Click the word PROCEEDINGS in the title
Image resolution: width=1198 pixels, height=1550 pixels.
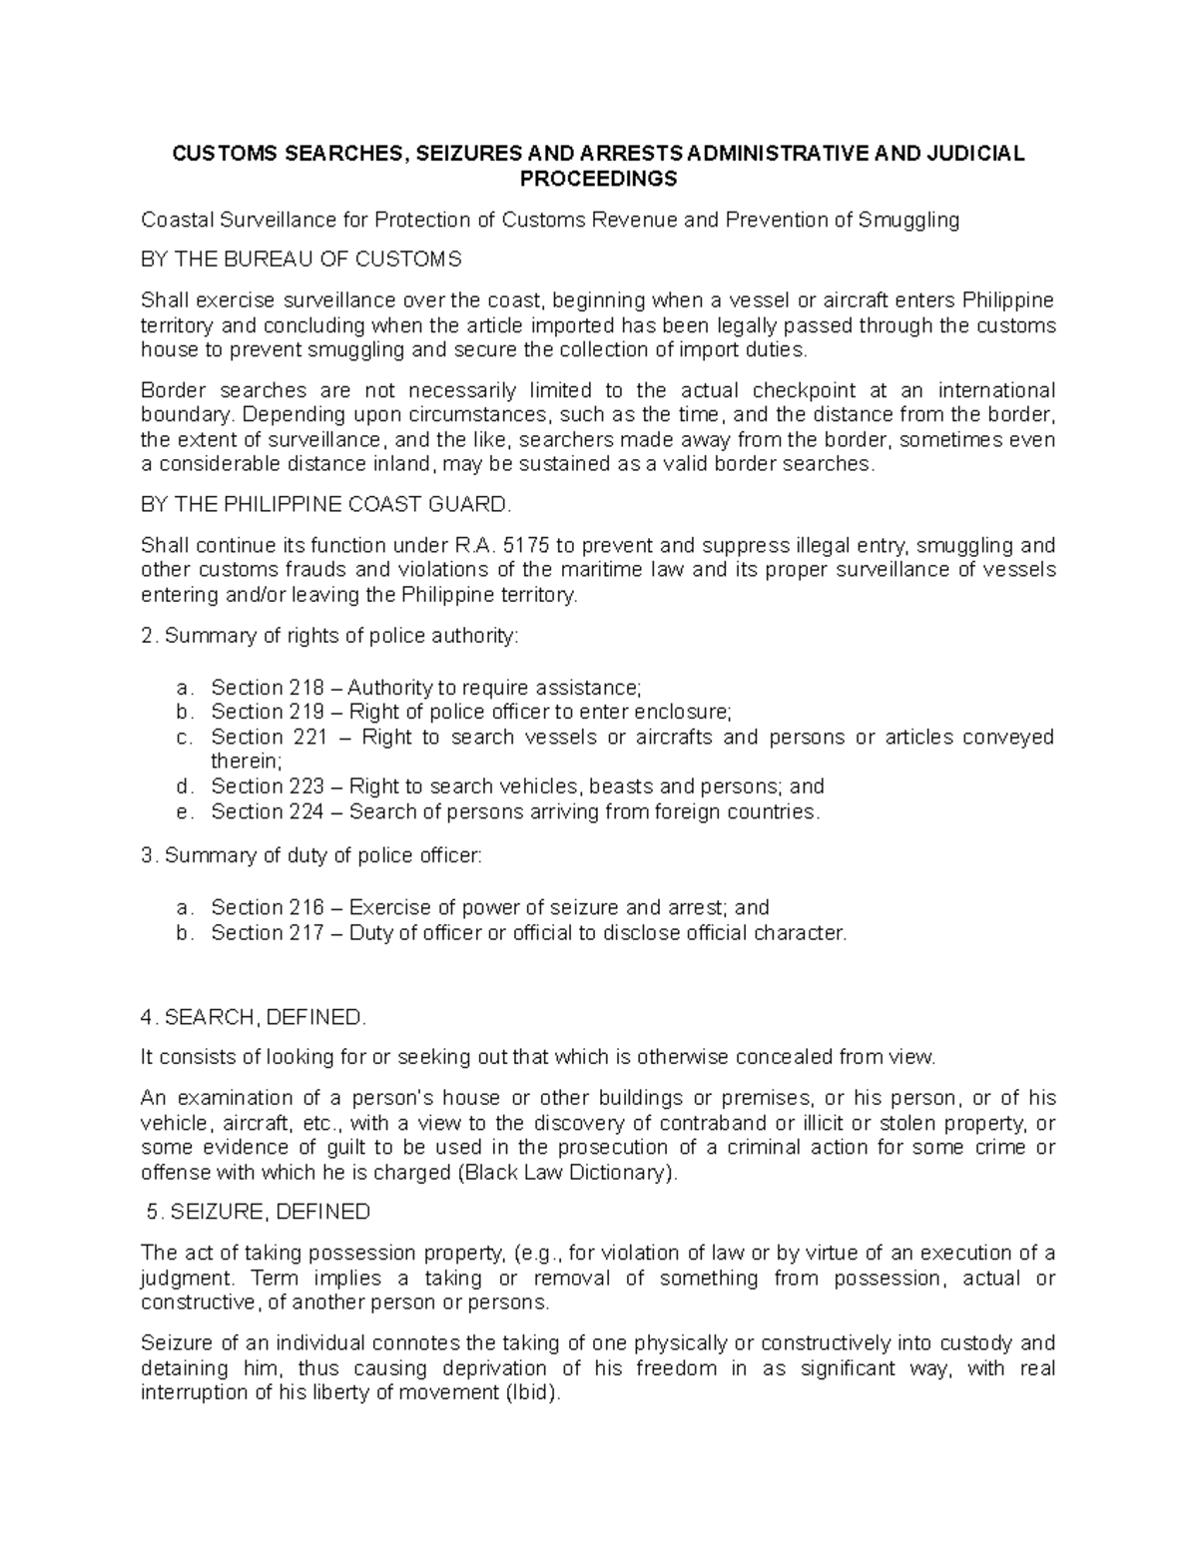pyautogui.click(x=598, y=180)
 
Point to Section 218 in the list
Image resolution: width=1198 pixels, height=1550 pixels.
pyautogui.click(x=268, y=688)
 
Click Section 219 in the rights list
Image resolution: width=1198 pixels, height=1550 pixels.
pyautogui.click(x=268, y=712)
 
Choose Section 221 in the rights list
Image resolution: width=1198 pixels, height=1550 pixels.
pyautogui.click(x=268, y=737)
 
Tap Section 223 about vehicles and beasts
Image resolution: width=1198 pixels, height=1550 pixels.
pyautogui.click(x=268, y=786)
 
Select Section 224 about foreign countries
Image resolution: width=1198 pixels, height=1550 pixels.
pyautogui.click(x=268, y=811)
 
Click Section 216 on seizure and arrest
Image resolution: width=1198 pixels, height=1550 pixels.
pyautogui.click(x=268, y=907)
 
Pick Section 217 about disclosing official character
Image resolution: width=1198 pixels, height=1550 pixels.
pyautogui.click(x=268, y=932)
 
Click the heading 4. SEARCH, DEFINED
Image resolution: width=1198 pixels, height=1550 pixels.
pyautogui.click(x=255, y=1017)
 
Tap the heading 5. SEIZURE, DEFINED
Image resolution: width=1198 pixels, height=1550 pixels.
pyautogui.click(x=258, y=1212)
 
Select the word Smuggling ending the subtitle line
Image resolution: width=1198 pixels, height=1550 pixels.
pyautogui.click(x=909, y=220)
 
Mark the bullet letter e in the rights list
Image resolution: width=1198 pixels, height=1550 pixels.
pyautogui.click(x=181, y=811)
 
